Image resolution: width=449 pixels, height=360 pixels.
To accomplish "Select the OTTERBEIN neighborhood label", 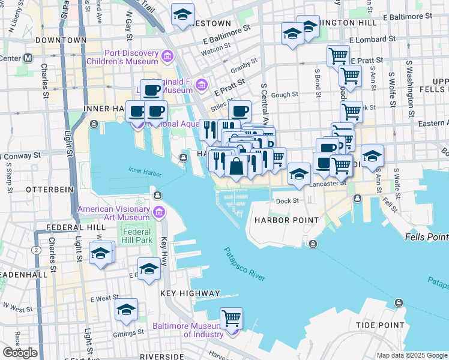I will click(x=49, y=189).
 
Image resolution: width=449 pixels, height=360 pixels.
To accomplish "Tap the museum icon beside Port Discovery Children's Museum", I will click(x=167, y=57).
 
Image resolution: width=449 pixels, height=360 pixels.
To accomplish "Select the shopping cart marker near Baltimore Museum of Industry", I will click(x=231, y=317).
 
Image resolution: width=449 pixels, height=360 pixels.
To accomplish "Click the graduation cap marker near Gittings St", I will click(x=127, y=310).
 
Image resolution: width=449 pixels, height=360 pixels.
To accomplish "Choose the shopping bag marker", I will click(x=237, y=166).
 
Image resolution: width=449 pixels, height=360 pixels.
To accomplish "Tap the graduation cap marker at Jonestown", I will click(x=182, y=14).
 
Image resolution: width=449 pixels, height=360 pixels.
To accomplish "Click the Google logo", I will click(x=20, y=353).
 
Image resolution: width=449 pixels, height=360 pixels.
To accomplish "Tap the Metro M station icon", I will click(x=28, y=59).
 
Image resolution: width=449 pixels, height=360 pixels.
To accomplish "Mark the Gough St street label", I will click(x=286, y=95).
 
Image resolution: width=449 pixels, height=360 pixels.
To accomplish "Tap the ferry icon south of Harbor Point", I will click(x=313, y=243).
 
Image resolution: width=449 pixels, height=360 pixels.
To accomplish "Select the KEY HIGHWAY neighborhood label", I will click(x=190, y=293).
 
